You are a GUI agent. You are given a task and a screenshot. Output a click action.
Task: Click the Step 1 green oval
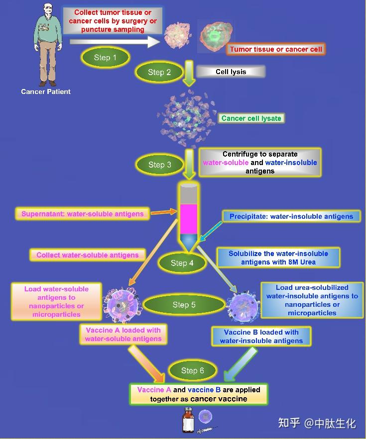[105, 57]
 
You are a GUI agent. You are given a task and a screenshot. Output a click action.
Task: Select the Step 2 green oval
[159, 72]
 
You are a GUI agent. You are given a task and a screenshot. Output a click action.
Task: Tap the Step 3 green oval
[160, 165]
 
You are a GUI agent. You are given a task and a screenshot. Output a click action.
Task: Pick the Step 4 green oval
[182, 263]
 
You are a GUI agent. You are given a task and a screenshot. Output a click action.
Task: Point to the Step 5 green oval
[184, 304]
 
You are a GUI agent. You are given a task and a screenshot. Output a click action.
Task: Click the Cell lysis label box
[231, 72]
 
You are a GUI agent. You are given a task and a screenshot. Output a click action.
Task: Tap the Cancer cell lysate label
[251, 118]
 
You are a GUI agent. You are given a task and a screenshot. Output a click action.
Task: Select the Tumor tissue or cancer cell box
[276, 49]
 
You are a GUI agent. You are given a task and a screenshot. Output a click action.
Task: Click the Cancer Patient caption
[46, 91]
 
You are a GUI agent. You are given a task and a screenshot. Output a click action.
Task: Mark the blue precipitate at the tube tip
[189, 241]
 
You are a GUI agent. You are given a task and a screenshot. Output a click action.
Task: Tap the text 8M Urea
[302, 262]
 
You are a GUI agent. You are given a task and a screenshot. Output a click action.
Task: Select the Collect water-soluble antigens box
[88, 255]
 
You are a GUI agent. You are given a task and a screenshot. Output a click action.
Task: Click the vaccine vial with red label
[188, 421]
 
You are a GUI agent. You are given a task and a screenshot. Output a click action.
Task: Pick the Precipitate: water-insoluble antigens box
[291, 216]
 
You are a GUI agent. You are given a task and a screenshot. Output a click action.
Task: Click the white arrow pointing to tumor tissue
[115, 42]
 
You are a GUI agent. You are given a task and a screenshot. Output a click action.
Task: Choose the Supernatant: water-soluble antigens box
[82, 214]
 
